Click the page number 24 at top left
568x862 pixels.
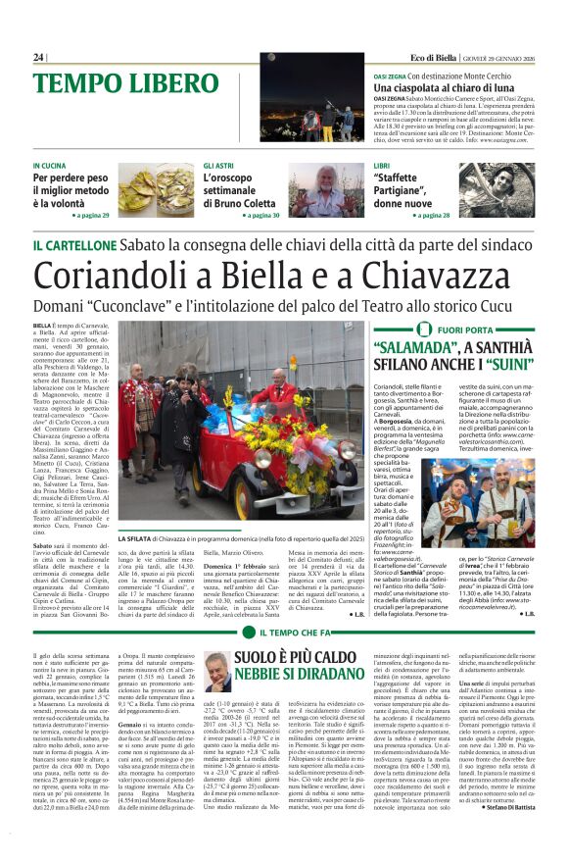coord(38,58)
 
